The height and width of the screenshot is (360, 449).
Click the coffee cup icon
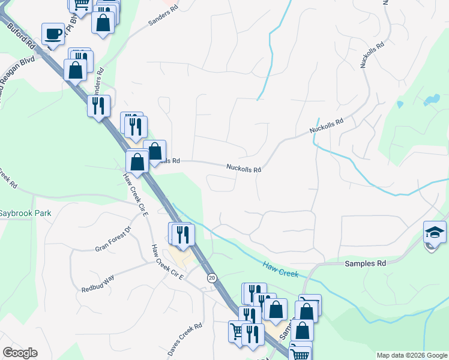pos(53,34)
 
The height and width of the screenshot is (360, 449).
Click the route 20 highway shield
pos(212,278)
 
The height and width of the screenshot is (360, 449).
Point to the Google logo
pos(20,353)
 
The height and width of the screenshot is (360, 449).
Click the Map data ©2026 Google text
pos(411,355)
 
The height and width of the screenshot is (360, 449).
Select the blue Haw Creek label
pos(280,269)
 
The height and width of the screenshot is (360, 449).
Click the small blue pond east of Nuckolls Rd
pos(430,100)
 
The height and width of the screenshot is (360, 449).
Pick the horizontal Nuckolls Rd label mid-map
pos(244,169)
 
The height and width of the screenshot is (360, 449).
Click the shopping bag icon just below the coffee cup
pos(76,70)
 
